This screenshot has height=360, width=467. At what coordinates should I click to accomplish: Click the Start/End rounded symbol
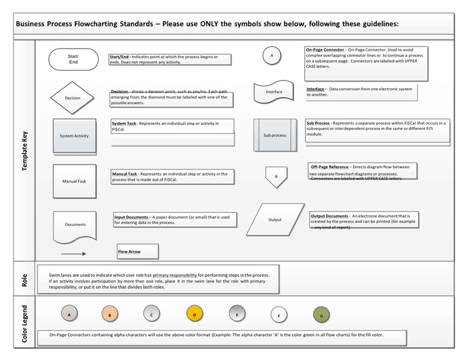click(73, 59)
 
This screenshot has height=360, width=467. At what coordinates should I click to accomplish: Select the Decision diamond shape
click(73, 98)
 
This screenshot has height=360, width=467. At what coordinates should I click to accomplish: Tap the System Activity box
click(75, 135)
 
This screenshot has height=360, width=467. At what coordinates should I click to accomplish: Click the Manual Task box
click(74, 181)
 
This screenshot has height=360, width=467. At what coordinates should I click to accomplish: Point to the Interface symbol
click(274, 92)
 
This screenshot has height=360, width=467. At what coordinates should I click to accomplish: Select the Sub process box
click(274, 135)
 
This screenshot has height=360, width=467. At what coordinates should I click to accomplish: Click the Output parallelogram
click(275, 219)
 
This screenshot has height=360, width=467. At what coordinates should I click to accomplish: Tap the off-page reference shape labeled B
click(276, 177)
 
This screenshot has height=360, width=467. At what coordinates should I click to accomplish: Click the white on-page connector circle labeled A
click(272, 57)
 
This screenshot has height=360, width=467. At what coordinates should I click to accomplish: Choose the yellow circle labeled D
click(194, 313)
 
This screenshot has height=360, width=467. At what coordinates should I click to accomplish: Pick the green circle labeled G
click(322, 315)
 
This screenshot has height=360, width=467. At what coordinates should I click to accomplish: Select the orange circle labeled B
click(110, 314)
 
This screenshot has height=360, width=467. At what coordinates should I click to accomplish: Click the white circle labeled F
click(279, 315)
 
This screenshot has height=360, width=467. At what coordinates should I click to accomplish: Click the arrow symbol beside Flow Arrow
click(74, 253)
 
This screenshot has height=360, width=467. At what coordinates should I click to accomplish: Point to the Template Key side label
click(25, 150)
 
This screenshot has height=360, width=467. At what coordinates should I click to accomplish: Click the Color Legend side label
click(25, 325)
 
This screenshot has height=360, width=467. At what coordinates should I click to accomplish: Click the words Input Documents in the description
click(131, 217)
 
